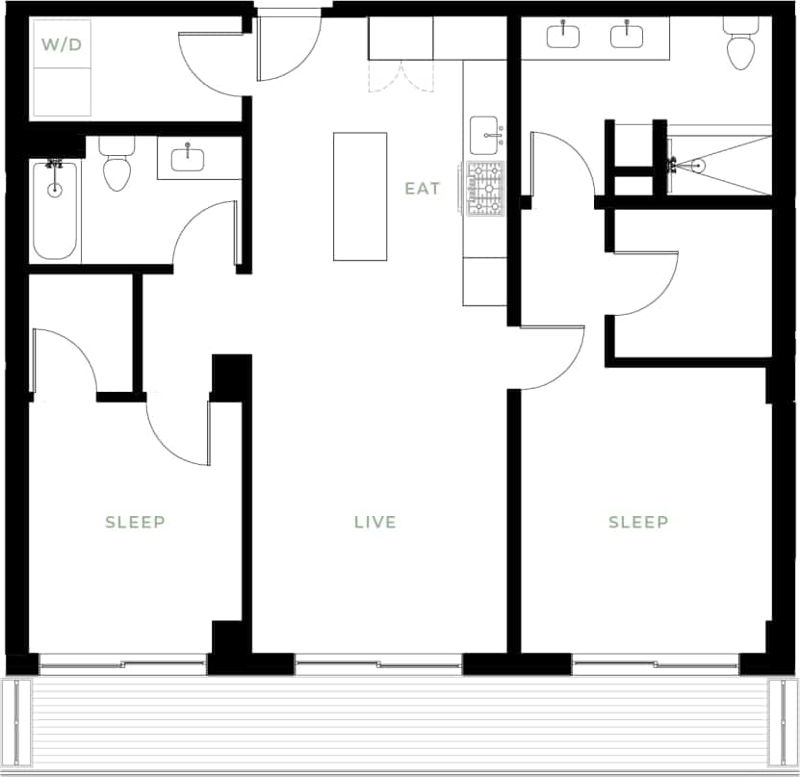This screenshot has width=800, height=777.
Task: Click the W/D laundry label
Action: point(60,45)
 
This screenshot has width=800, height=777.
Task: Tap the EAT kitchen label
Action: point(423,189)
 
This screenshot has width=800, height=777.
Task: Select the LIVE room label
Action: point(374,522)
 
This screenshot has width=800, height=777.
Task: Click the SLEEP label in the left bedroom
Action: point(135,522)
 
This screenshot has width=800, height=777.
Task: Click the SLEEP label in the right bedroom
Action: point(638,522)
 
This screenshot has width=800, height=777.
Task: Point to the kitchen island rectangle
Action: point(360,196)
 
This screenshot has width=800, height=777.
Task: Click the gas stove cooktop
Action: point(485,189)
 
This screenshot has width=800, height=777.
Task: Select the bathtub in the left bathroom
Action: point(55,210)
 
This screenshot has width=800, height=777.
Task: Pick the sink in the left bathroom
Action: point(186,156)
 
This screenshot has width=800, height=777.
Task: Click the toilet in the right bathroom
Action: point(740,48)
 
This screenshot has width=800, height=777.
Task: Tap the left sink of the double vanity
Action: point(563,37)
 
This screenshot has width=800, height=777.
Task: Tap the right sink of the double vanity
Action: point(627,37)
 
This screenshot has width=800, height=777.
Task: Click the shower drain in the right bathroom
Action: point(698,166)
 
